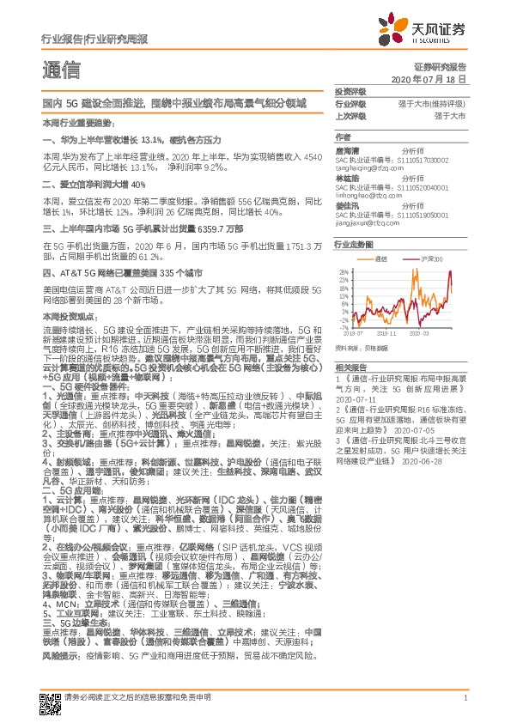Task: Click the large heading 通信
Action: coord(61,70)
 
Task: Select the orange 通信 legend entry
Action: coord(382,258)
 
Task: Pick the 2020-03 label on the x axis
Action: coord(421,333)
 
